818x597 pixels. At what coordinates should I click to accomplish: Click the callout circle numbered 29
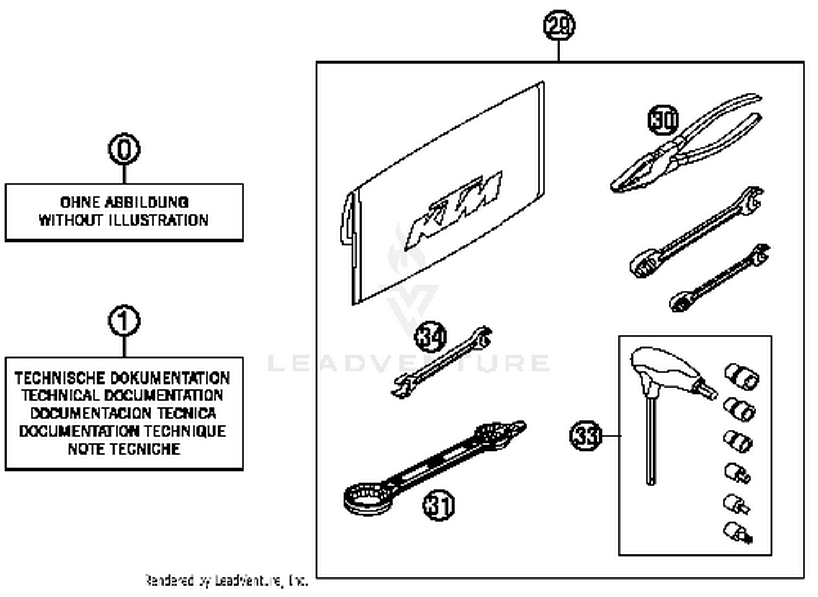pyautogui.click(x=559, y=26)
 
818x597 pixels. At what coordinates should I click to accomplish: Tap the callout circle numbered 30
pyautogui.click(x=663, y=120)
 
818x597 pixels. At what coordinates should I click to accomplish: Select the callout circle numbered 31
pyautogui.click(x=439, y=505)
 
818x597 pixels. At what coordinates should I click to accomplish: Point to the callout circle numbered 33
pyautogui.click(x=586, y=436)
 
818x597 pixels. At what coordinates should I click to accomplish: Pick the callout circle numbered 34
pyautogui.click(x=431, y=336)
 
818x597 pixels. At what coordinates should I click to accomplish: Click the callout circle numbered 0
pyautogui.click(x=124, y=149)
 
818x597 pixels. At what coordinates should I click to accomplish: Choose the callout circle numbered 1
pyautogui.click(x=124, y=321)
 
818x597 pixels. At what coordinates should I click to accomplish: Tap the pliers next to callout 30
pyautogui.click(x=687, y=147)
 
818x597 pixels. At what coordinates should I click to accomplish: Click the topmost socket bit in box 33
pyautogui.click(x=742, y=376)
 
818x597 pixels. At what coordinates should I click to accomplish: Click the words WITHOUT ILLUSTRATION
pyautogui.click(x=124, y=220)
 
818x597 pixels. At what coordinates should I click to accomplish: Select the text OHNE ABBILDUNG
pyautogui.click(x=124, y=202)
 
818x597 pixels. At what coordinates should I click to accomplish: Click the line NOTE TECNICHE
pyautogui.click(x=124, y=449)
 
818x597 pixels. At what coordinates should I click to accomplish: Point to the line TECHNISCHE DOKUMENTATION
pyautogui.click(x=123, y=378)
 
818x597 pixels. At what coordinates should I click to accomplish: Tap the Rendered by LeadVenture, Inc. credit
pyautogui.click(x=226, y=581)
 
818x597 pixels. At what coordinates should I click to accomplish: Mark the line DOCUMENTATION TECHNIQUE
pyautogui.click(x=123, y=431)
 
